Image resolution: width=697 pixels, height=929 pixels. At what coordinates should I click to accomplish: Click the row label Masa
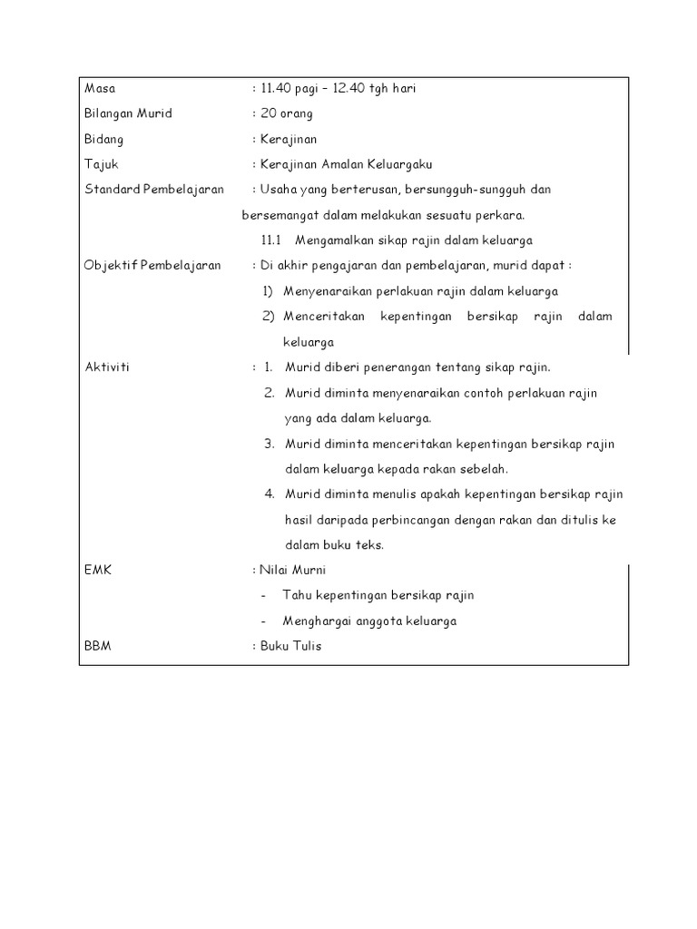click(x=100, y=89)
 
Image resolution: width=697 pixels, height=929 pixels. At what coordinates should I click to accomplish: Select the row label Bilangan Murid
click(x=128, y=114)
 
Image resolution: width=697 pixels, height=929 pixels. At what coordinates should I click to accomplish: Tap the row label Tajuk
click(x=101, y=165)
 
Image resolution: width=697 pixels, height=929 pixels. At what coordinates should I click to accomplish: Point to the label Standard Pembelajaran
click(x=154, y=190)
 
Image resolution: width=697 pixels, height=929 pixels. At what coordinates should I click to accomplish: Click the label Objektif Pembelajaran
click(x=152, y=266)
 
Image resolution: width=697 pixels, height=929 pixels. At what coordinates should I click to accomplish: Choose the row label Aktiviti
click(x=107, y=367)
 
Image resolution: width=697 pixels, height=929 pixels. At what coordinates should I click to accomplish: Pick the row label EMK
click(x=97, y=570)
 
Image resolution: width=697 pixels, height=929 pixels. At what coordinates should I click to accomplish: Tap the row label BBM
click(x=98, y=646)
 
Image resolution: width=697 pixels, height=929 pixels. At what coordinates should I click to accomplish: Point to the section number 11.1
click(x=272, y=240)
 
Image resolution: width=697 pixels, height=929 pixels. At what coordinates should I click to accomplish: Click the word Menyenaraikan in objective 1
click(x=328, y=291)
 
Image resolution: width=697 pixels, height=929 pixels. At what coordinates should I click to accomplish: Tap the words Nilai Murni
click(x=292, y=570)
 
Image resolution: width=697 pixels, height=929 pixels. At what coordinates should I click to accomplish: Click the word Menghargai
click(x=318, y=621)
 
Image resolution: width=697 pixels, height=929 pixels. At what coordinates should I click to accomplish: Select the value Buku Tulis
click(x=290, y=646)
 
